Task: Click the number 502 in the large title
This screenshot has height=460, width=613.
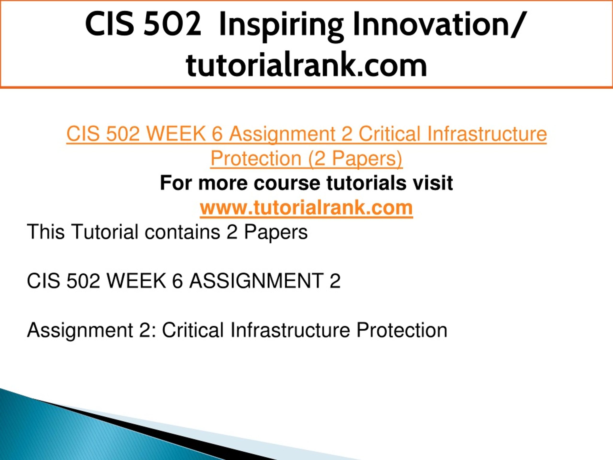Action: pyautogui.click(x=172, y=24)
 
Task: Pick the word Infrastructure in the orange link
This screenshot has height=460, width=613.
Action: pyautogui.click(x=487, y=134)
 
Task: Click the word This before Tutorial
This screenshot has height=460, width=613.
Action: pyautogui.click(x=46, y=232)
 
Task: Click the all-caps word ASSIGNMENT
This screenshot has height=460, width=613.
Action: pyautogui.click(x=256, y=281)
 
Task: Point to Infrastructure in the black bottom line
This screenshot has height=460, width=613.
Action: pyautogui.click(x=290, y=330)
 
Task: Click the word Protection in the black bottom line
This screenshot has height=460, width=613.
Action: pyautogui.click(x=402, y=330)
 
